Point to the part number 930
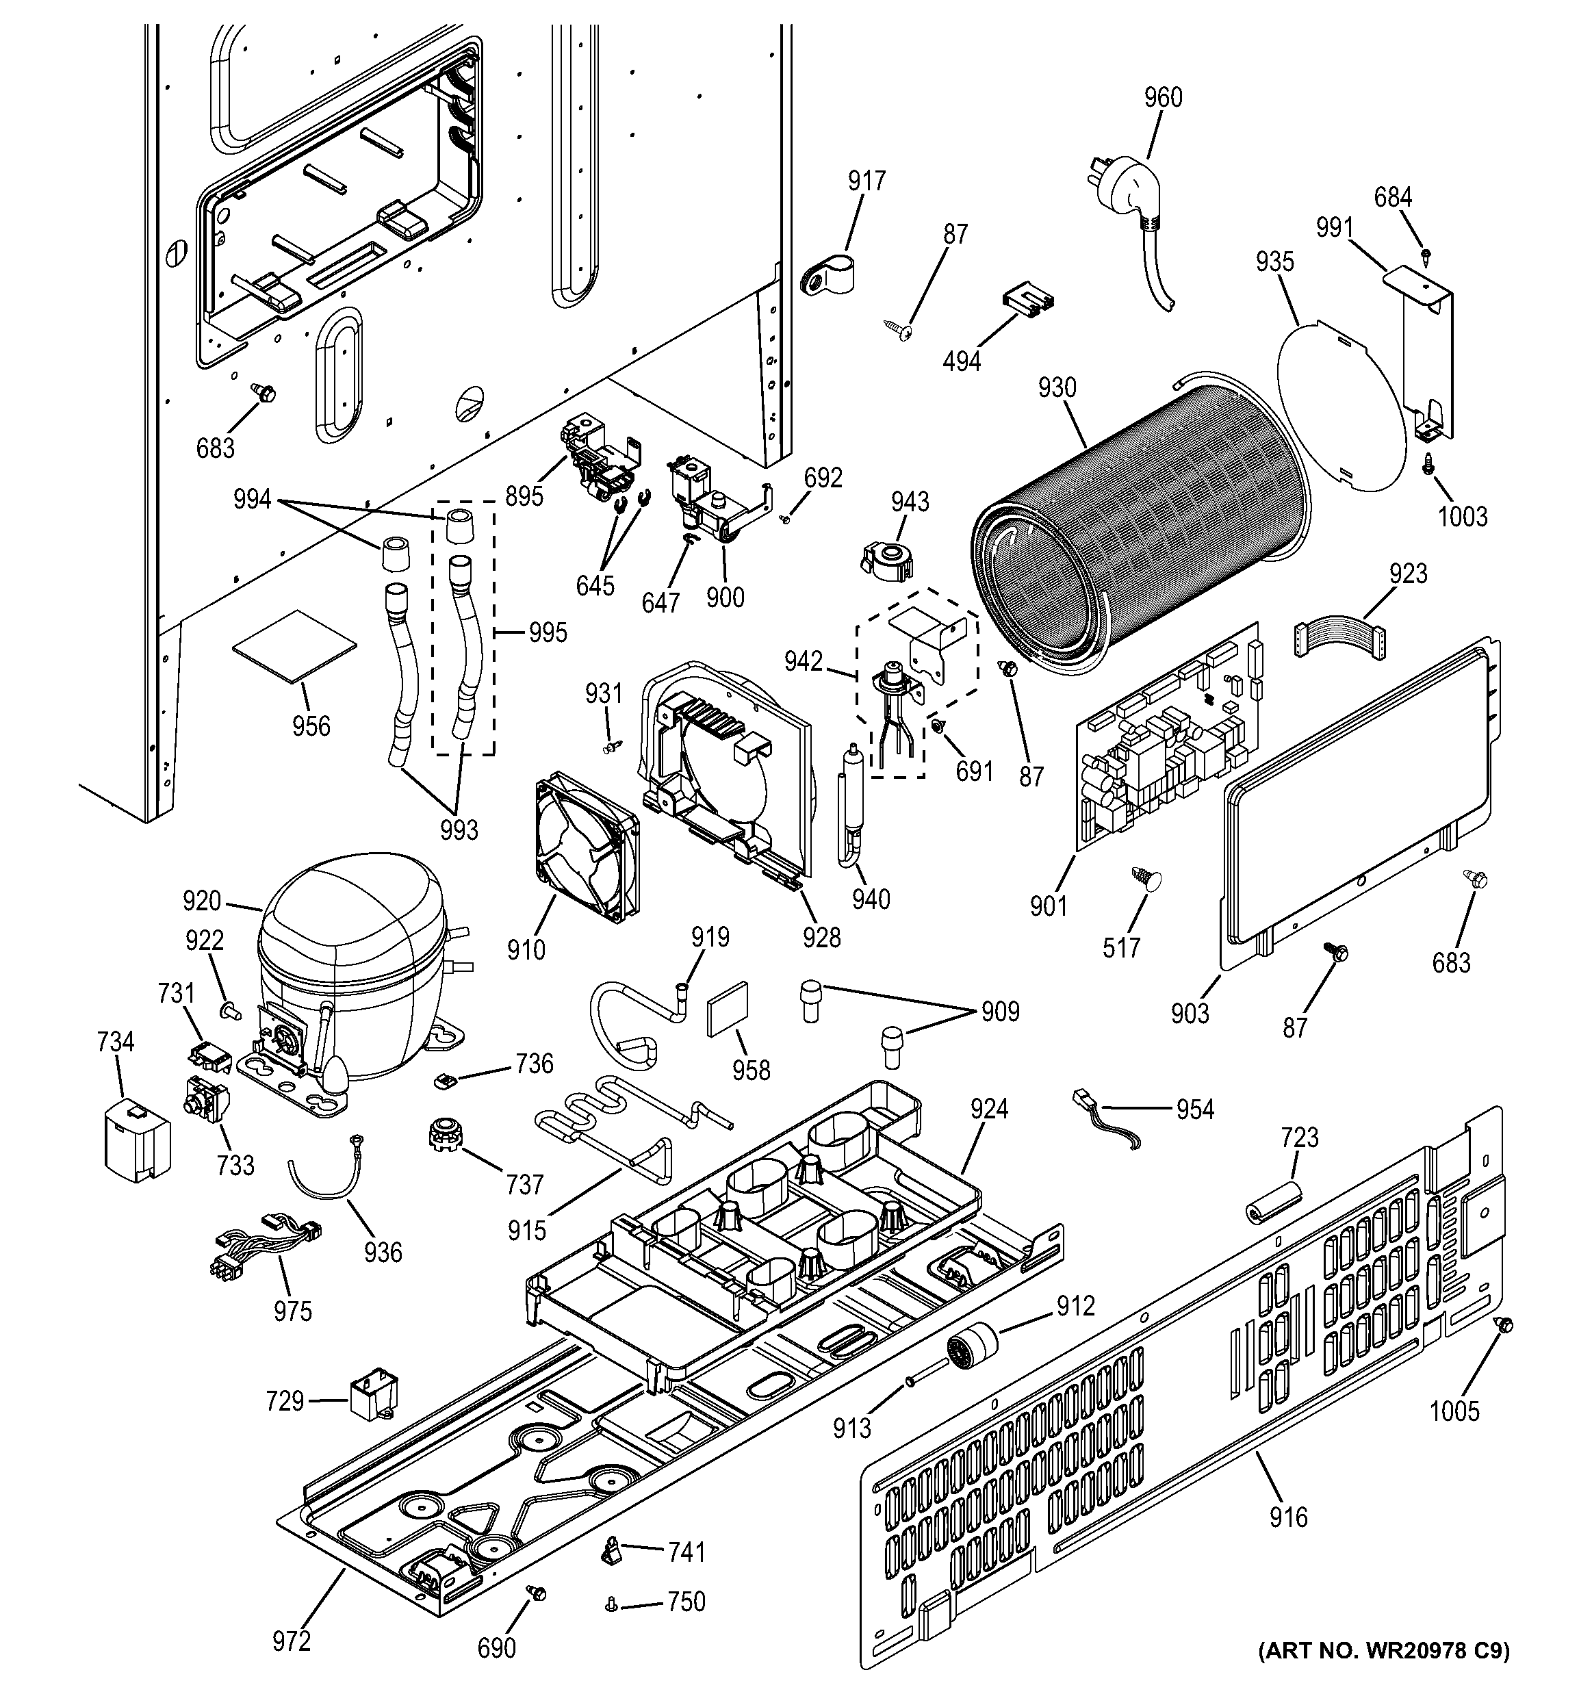pyautogui.click(x=1057, y=387)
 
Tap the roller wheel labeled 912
pyautogui.click(x=973, y=1350)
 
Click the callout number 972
pyautogui.click(x=292, y=1641)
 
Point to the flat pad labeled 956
pyautogui.click(x=295, y=645)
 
